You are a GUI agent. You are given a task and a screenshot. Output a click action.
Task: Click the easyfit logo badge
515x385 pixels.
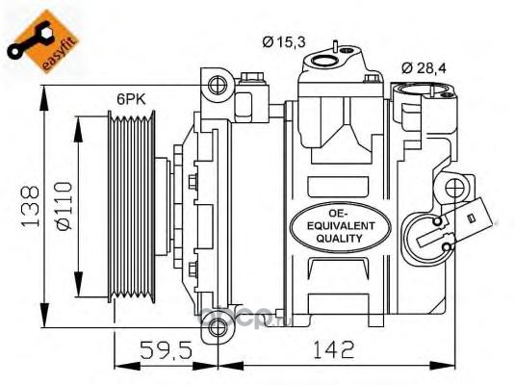pyautogui.click(x=42, y=41)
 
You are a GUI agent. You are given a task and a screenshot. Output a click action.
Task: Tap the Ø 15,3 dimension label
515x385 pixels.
pyautogui.click(x=284, y=41)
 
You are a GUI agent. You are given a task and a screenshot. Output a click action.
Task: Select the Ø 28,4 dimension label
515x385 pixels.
pyautogui.click(x=424, y=68)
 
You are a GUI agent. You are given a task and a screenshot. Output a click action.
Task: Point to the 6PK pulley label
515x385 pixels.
pyautogui.click(x=131, y=98)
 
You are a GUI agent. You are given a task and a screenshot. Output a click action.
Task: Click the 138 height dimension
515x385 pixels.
pyautogui.click(x=30, y=206)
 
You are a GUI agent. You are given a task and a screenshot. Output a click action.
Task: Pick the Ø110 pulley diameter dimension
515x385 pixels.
pyautogui.click(x=64, y=206)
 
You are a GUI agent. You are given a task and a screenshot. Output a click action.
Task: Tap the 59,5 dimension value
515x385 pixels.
pyautogui.click(x=166, y=349)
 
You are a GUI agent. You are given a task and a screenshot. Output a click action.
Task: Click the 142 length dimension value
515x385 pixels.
pyautogui.click(x=334, y=349)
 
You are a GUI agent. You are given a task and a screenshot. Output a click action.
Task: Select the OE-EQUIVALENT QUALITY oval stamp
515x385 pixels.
pyautogui.click(x=341, y=227)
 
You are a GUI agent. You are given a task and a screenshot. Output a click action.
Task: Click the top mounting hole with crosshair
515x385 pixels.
pyautogui.click(x=218, y=85)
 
